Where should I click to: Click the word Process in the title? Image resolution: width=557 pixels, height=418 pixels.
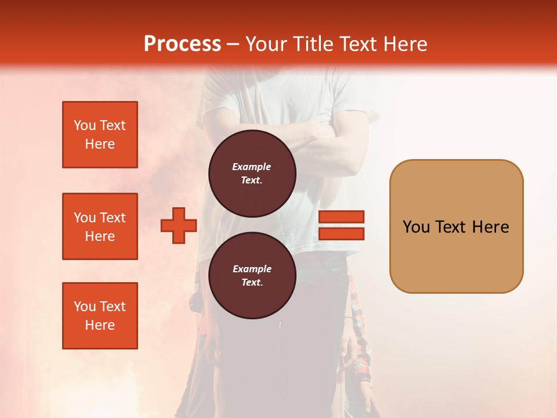[x=182, y=44]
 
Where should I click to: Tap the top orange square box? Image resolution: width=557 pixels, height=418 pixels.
[x=100, y=135]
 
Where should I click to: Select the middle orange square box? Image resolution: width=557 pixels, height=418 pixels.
[x=100, y=226]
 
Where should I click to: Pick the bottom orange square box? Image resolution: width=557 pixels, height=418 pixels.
[x=100, y=316]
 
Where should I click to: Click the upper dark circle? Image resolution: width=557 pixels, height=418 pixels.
[x=252, y=173]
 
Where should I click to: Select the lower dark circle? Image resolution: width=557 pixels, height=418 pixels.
[x=252, y=275]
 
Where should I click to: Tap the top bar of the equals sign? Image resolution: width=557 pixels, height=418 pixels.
[x=341, y=217]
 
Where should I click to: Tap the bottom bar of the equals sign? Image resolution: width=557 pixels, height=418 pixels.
[x=341, y=234]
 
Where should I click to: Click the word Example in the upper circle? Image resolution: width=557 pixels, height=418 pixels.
[x=252, y=167]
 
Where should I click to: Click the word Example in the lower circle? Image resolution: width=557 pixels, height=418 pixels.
[x=252, y=269]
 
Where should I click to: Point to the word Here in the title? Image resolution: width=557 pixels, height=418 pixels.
[x=404, y=44]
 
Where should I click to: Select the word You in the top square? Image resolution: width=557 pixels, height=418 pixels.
[x=85, y=125]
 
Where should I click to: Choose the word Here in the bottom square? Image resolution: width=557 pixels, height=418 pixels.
[x=100, y=325]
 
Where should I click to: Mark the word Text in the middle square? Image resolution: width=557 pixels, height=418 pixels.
[x=112, y=218]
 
